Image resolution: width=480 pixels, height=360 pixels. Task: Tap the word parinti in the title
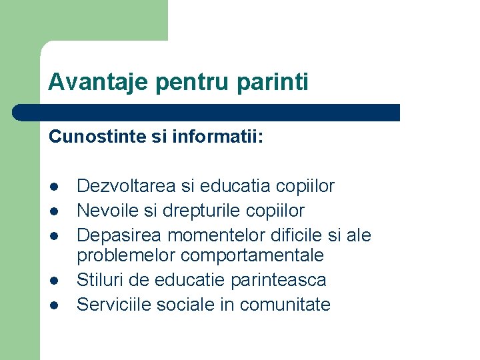[x=273, y=82]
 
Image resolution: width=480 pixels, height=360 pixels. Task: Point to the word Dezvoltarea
[x=127, y=187]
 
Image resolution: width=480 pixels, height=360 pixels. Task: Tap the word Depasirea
[x=119, y=235]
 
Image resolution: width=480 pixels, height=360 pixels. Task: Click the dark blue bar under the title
[x=207, y=113]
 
